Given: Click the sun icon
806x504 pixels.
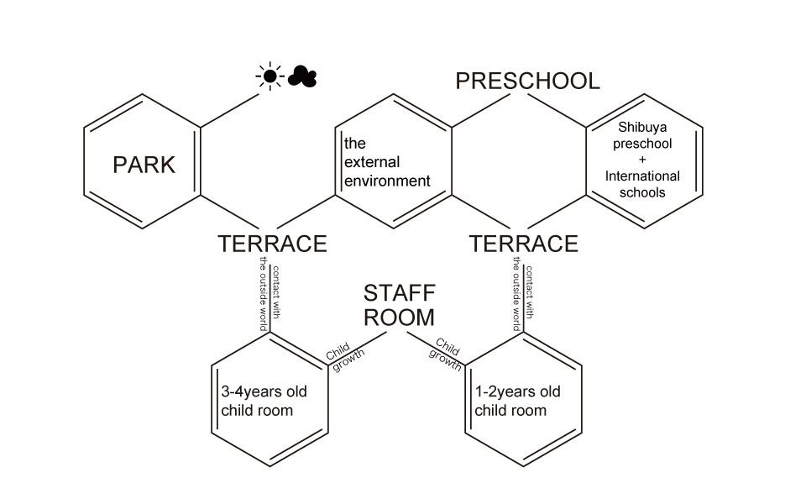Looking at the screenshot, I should [269, 77].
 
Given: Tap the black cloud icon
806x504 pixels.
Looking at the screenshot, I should [301, 78].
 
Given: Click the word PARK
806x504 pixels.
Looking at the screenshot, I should [144, 165].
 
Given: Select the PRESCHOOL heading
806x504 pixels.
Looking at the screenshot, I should [527, 81].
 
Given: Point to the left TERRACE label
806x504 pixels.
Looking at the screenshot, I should [272, 244].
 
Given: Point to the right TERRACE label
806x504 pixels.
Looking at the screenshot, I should [523, 244].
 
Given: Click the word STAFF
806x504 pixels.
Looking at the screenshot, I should [400, 294].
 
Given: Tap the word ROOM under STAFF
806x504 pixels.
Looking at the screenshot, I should [399, 318].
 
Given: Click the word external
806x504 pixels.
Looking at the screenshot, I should [372, 162].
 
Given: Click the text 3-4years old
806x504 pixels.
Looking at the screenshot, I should [264, 392].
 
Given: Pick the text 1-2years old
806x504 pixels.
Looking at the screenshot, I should [517, 392].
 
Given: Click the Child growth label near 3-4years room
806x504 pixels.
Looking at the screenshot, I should [340, 360].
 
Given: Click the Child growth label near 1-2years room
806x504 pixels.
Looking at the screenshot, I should [447, 353].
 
